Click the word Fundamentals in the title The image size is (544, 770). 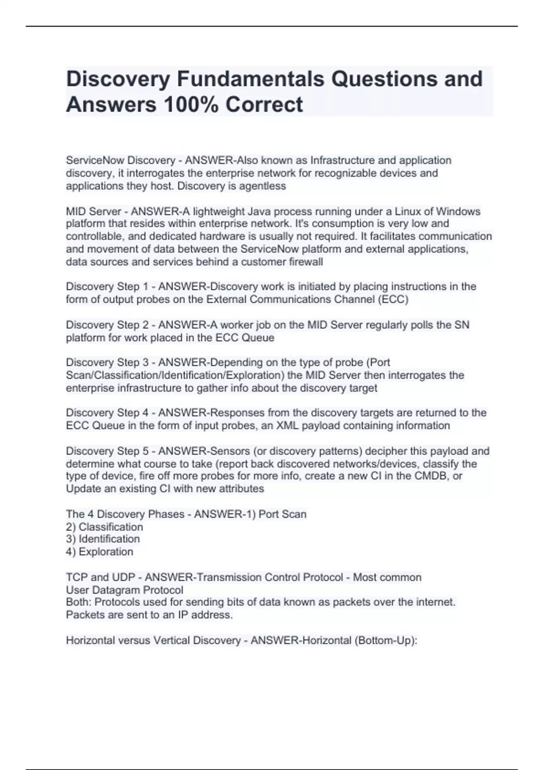[x=251, y=79]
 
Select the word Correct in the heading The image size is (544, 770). [x=264, y=105]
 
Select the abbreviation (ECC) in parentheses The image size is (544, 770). [x=393, y=299]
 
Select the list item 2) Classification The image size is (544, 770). [x=104, y=527]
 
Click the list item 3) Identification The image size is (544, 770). [x=103, y=539]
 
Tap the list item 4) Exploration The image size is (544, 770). [x=100, y=552]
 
